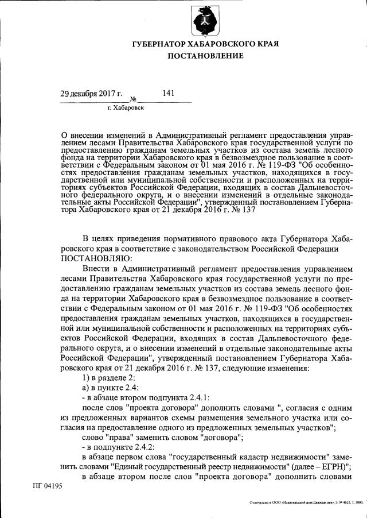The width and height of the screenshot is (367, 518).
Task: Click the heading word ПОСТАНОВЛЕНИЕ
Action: pos(205,56)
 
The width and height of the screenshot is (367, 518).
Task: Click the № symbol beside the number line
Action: pos(132,99)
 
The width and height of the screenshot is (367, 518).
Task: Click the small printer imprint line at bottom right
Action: pos(306,502)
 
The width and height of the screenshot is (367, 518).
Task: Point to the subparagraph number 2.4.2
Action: pos(149,447)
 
